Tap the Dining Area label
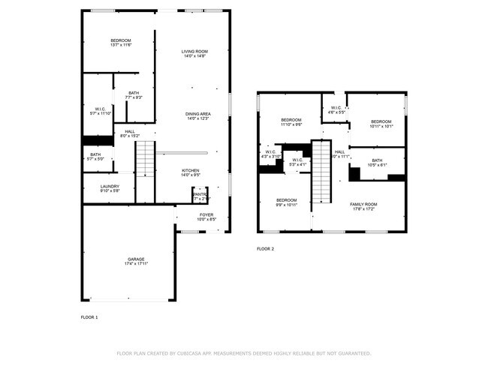pos(197,115)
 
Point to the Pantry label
pos(200,196)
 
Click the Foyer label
pos(206,217)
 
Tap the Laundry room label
pos(110,188)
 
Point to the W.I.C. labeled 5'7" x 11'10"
pos(100,111)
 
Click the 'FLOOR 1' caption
pos(89,317)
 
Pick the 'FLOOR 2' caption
pos(266,248)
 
